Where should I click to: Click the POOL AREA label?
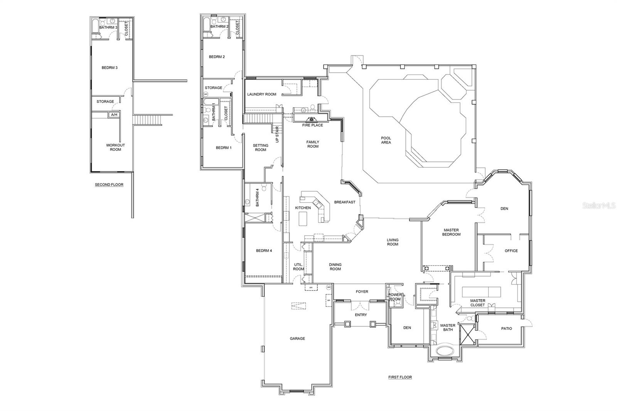click(386, 140)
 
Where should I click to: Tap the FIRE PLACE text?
click(313, 125)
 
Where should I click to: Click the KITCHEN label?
click(303, 208)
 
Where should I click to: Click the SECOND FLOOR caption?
click(109, 185)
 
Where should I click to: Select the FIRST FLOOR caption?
click(400, 377)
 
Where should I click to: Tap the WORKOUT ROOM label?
click(115, 147)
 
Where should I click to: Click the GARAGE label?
click(297, 339)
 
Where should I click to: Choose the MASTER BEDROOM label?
click(451, 232)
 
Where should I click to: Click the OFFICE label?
click(511, 251)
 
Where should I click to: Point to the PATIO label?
click(507, 328)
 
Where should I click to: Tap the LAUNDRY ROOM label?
click(262, 94)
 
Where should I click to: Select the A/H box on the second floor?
click(114, 115)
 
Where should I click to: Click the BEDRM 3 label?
click(110, 67)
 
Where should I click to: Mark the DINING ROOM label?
click(335, 267)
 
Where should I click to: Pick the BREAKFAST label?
click(345, 202)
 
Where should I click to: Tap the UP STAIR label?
click(277, 135)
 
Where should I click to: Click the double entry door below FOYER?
click(359, 306)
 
